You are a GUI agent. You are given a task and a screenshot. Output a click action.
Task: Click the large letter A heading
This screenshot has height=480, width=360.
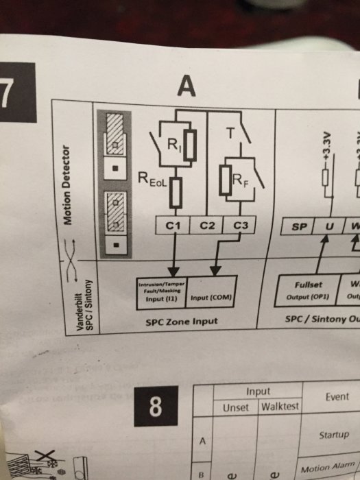(186, 86)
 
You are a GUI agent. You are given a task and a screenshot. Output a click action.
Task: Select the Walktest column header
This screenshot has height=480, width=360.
(280, 407)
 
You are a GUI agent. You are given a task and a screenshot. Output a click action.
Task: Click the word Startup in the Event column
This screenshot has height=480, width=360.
(335, 435)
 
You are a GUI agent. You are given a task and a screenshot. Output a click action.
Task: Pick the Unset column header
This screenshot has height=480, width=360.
(236, 407)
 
